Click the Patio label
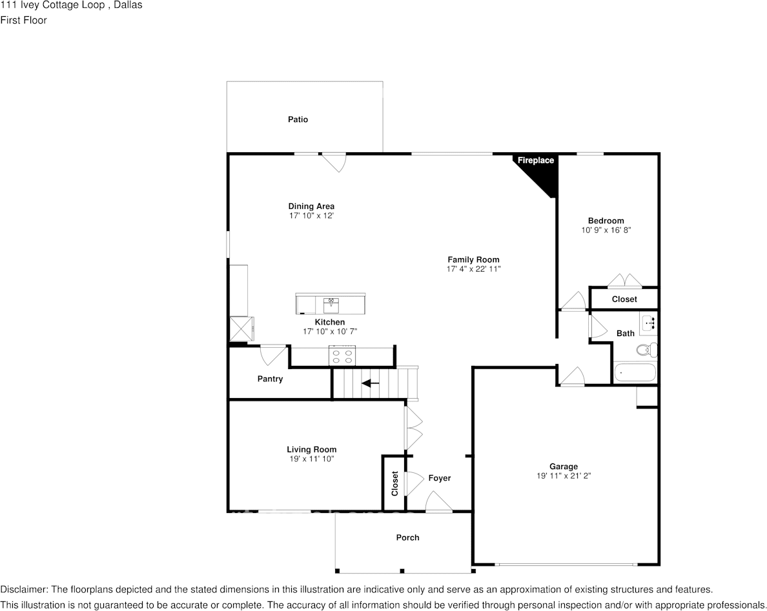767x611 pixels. tap(298, 119)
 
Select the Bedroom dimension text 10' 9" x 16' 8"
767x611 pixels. tap(606, 230)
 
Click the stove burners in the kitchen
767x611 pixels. tap(342, 356)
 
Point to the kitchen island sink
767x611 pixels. tap(331, 302)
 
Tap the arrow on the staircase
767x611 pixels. tap(370, 383)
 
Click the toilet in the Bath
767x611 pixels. tap(644, 350)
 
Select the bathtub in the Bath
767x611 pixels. tap(635, 373)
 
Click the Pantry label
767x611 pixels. tap(270, 379)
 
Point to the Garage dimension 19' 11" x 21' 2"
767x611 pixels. tap(564, 476)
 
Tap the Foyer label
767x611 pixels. tap(440, 478)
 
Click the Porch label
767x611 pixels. tap(407, 537)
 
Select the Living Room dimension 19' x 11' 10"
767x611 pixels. tap(311, 459)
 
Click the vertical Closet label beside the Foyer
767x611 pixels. tap(394, 484)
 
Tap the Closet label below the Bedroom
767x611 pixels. tap(624, 299)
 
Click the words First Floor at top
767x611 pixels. tap(23, 20)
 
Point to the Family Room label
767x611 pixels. tap(473, 260)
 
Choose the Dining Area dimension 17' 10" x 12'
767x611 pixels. tap(311, 215)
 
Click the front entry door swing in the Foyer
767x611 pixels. tap(439, 503)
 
